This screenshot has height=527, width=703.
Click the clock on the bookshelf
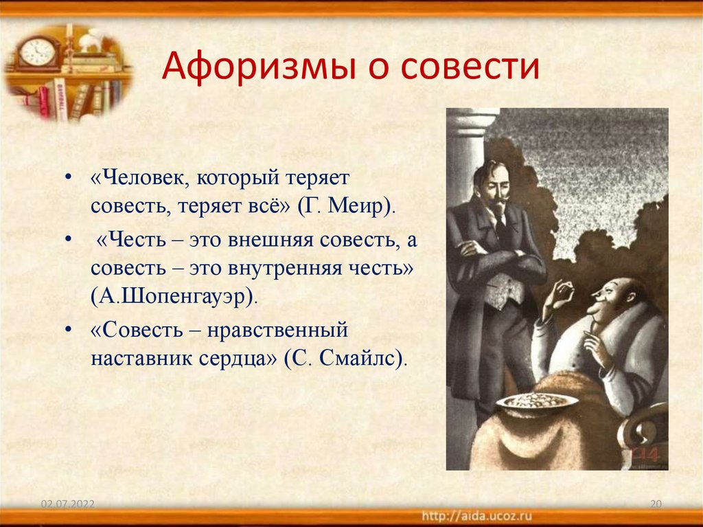tap(36, 52)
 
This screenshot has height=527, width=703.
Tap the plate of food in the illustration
tap(528, 401)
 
